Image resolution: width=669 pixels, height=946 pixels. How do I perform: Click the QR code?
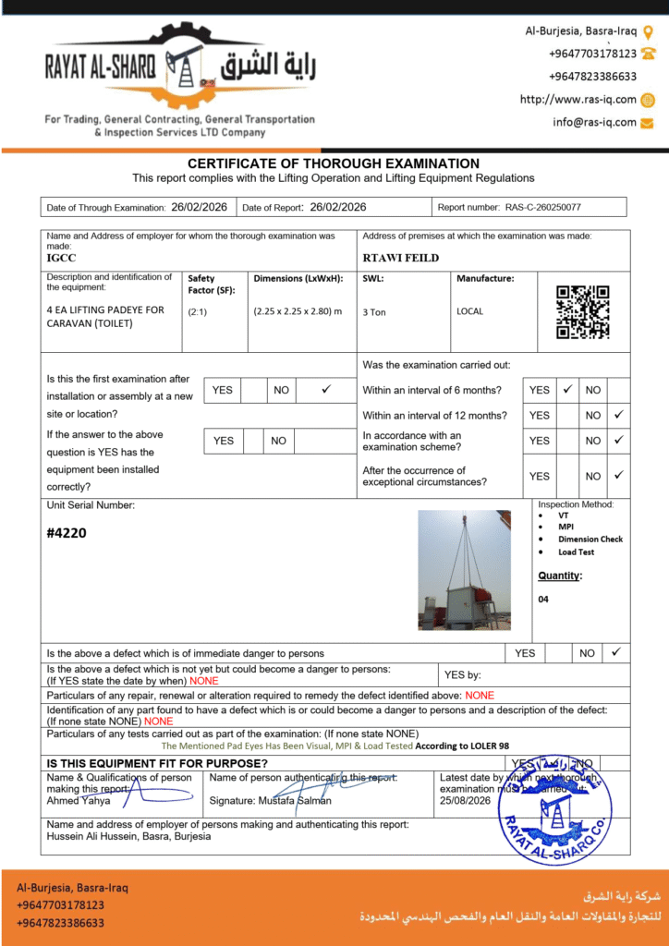(x=583, y=312)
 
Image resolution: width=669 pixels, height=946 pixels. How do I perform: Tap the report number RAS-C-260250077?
(x=542, y=208)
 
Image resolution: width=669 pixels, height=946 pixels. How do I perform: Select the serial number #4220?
(x=67, y=533)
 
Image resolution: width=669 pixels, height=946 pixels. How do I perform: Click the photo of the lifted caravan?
(x=464, y=570)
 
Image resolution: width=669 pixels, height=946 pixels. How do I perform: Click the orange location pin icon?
(x=648, y=31)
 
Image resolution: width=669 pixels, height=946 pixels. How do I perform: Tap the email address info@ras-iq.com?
(x=594, y=122)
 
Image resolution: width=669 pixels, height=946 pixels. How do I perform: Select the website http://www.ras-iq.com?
(x=578, y=100)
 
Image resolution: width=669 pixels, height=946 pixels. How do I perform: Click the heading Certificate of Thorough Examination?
(x=334, y=164)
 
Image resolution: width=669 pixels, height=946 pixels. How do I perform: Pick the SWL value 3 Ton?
(x=374, y=312)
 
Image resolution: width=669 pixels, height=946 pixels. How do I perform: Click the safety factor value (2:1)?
(x=197, y=312)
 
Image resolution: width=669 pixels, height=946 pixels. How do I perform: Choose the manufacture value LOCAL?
(x=469, y=311)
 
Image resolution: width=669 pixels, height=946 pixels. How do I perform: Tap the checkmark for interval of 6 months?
(x=568, y=390)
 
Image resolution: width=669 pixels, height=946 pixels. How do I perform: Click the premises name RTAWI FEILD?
(x=400, y=258)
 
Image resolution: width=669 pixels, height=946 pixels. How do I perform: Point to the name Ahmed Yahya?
(x=79, y=801)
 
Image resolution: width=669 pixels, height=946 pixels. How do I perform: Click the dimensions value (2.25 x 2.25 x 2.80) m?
(x=298, y=311)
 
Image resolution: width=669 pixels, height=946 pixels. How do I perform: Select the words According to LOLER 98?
(x=462, y=746)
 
